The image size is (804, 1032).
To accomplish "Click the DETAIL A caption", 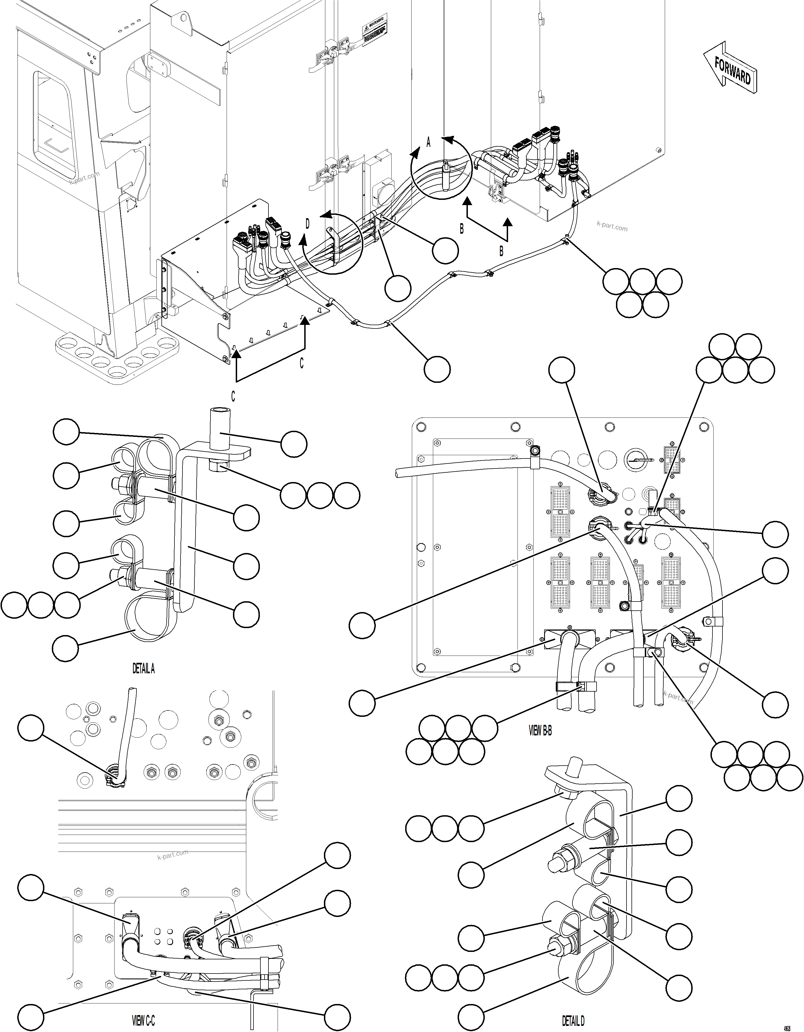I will pyautogui.click(x=143, y=669).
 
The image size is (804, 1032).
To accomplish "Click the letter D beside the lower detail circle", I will pyautogui.click(x=307, y=224).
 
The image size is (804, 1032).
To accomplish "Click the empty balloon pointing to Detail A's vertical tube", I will pyautogui.click(x=293, y=444).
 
